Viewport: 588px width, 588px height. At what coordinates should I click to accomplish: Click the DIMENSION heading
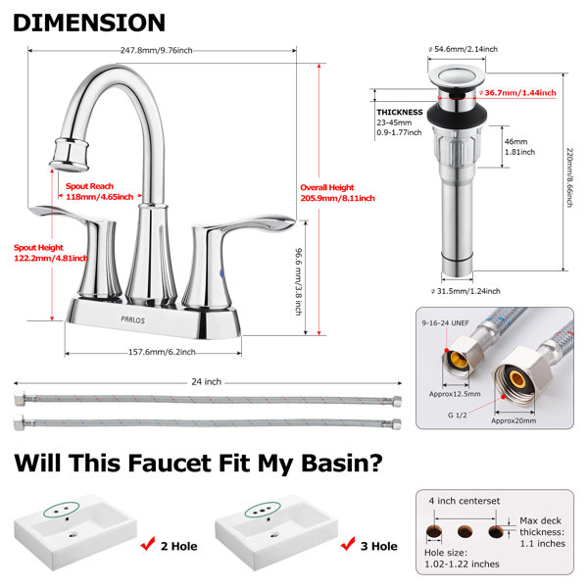point(89,23)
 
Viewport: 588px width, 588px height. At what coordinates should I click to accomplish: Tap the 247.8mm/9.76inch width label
point(157,50)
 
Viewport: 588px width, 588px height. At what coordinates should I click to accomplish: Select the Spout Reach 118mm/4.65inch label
point(99,192)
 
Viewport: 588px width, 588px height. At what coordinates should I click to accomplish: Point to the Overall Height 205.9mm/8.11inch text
point(337,193)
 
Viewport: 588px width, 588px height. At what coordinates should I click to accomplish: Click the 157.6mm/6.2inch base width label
point(162,352)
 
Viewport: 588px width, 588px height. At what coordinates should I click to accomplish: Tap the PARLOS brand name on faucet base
point(132,319)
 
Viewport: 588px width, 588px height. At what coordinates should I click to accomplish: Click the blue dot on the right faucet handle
point(222,274)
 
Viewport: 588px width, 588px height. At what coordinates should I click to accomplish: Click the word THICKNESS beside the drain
point(400,112)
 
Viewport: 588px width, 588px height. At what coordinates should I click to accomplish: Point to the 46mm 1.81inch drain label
point(519,147)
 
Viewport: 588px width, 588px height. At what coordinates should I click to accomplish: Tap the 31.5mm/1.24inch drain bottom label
point(465,291)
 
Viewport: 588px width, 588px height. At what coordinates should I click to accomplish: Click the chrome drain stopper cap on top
point(457,76)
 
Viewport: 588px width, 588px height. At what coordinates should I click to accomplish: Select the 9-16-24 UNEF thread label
point(446,322)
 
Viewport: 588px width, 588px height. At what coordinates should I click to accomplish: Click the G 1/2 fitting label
point(457,416)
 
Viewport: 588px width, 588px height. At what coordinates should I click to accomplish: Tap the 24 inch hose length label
point(206,382)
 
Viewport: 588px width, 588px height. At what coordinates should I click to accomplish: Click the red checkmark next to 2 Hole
point(148,543)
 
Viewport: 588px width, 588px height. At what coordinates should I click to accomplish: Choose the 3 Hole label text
point(378,546)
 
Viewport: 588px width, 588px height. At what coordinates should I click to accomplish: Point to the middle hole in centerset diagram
point(465,531)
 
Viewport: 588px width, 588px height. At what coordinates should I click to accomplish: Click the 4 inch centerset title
point(465,501)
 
